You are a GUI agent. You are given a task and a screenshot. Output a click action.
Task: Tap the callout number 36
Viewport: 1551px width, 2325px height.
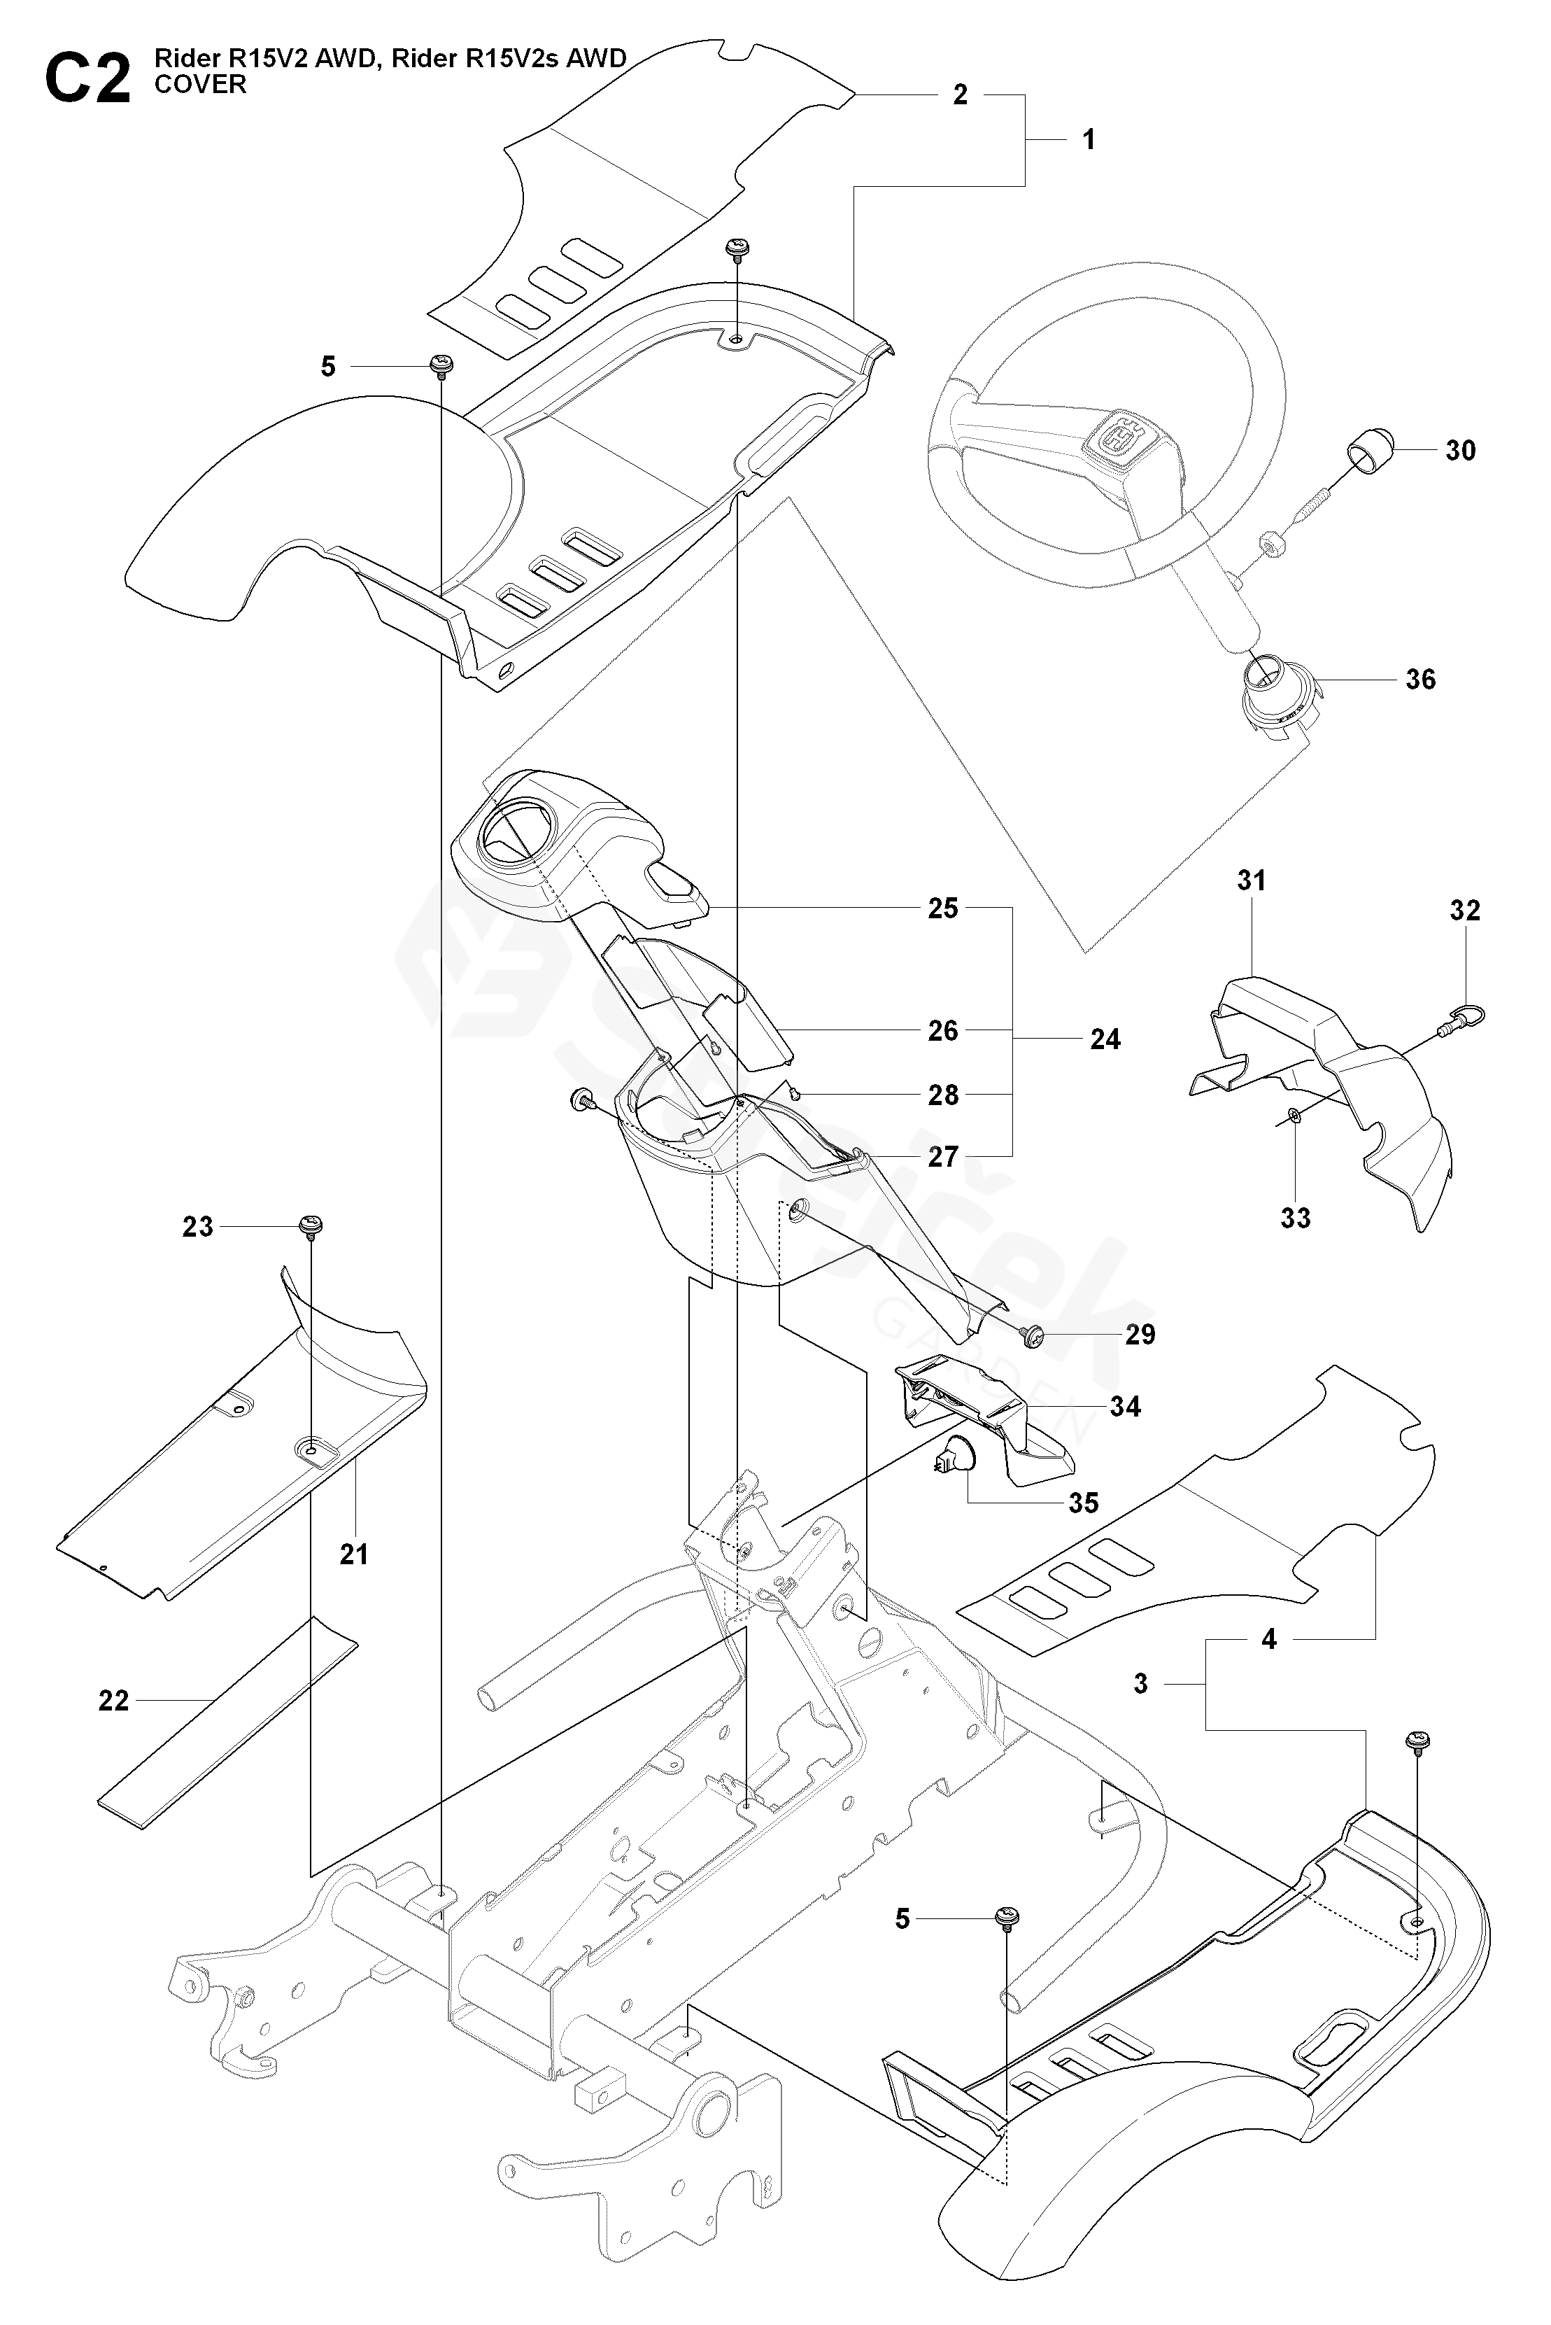(1420, 680)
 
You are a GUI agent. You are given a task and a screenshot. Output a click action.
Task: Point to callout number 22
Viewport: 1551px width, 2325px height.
(114, 1701)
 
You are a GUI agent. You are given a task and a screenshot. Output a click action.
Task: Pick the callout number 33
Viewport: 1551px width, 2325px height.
(1296, 1218)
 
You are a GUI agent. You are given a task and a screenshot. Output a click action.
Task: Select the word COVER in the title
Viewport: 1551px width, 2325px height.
(200, 85)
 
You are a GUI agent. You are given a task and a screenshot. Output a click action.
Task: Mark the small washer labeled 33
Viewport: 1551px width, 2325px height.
(1295, 1117)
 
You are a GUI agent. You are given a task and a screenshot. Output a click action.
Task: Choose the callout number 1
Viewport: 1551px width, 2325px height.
(1089, 139)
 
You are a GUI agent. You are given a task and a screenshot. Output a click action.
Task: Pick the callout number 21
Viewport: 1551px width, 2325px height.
(354, 1554)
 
